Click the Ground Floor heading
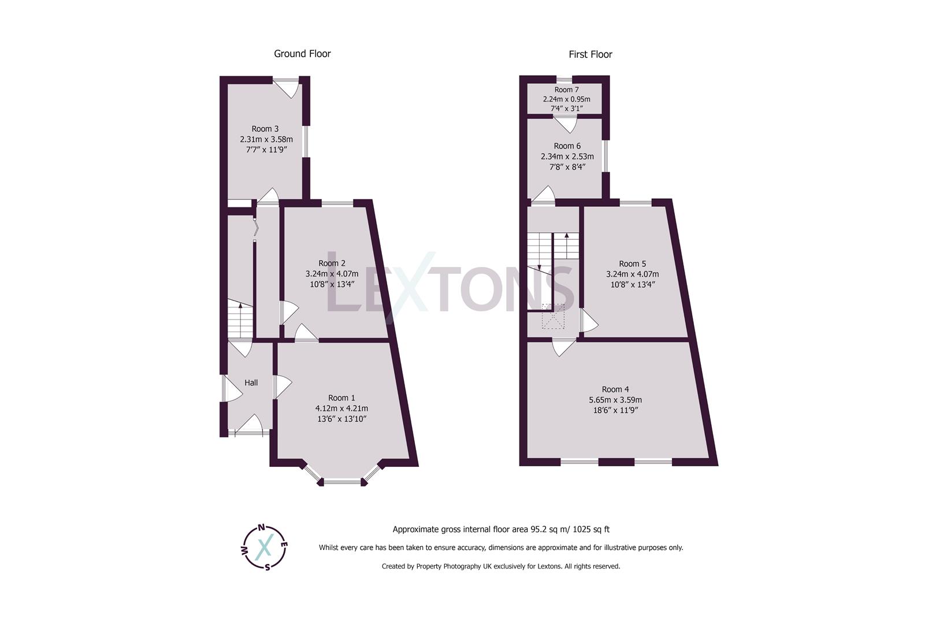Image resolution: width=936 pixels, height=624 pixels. click(x=302, y=54)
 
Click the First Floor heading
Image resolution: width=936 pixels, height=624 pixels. click(x=590, y=54)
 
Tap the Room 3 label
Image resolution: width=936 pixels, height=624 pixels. click(x=265, y=129)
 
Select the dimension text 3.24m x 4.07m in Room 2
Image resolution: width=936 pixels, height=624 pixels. click(x=332, y=274)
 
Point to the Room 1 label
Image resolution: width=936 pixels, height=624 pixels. click(x=341, y=398)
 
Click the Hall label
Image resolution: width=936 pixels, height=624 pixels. click(x=251, y=382)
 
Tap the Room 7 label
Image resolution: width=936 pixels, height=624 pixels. click(x=566, y=90)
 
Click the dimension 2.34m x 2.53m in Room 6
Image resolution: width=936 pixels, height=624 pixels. click(x=567, y=157)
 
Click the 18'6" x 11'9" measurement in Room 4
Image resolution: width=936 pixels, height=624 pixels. click(x=615, y=410)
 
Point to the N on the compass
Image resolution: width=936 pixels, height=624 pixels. click(x=261, y=527)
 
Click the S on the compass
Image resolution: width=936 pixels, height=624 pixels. click(x=268, y=566)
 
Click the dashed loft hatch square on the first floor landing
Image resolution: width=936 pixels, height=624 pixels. click(x=553, y=317)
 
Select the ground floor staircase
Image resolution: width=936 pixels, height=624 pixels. click(x=240, y=321)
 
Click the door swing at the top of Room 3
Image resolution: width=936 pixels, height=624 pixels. click(x=286, y=87)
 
